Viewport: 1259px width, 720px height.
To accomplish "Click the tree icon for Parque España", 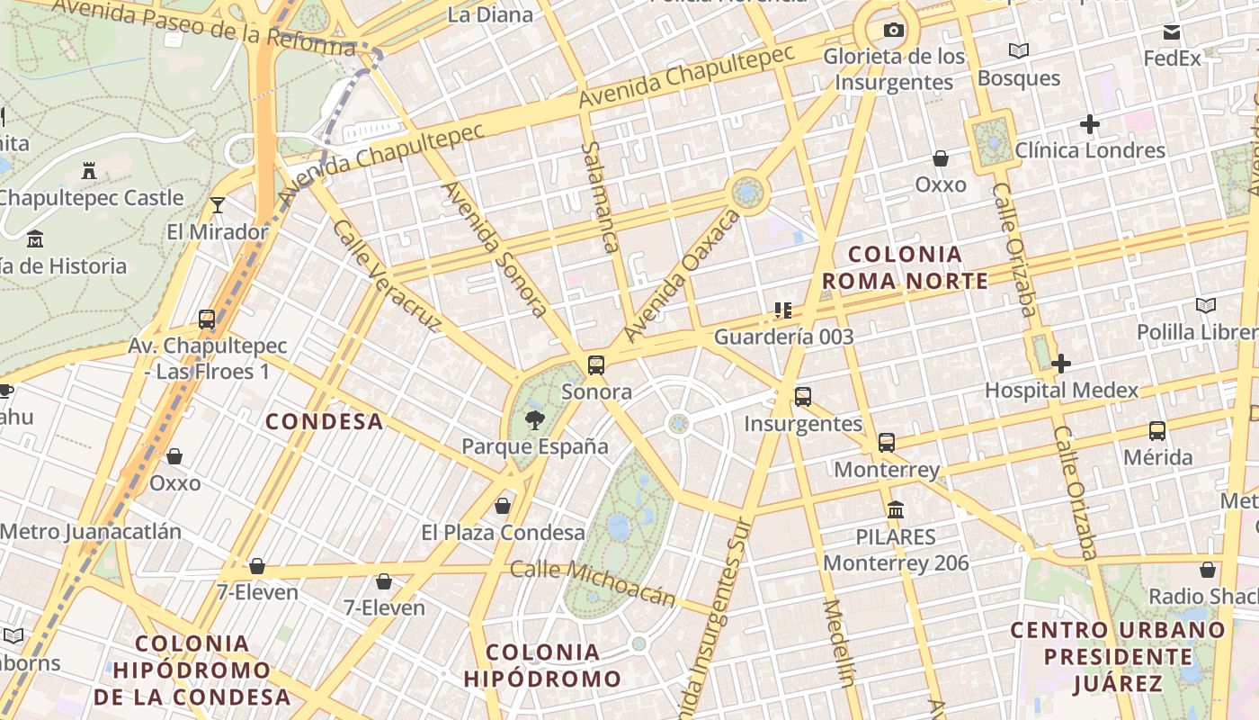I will click(535, 418).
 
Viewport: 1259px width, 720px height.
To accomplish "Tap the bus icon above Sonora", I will click(595, 364).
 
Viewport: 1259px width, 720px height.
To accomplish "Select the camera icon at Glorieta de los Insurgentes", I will click(893, 30).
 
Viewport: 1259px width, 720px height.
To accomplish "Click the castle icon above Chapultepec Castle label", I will click(89, 170).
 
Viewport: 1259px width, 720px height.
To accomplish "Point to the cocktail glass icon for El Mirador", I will click(218, 205).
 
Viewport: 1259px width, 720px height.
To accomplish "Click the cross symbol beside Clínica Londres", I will click(1090, 124).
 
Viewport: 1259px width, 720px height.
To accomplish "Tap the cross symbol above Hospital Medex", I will click(1061, 363).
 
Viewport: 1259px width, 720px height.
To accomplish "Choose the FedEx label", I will click(1172, 58).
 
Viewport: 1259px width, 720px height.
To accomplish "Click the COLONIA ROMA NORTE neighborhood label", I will click(905, 267).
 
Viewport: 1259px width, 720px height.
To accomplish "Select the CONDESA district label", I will click(325, 421).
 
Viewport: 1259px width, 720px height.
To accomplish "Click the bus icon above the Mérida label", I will click(1157, 430).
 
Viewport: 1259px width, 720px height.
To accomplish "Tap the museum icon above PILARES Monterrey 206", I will click(895, 510).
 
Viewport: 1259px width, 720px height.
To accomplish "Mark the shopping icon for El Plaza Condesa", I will click(503, 506).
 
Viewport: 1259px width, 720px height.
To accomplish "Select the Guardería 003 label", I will click(783, 337).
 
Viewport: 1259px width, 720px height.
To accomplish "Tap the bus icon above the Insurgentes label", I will click(802, 396).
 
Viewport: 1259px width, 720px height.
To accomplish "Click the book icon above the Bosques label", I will click(1018, 50).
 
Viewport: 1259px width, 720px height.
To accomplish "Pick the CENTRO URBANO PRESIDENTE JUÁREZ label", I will click(1118, 656).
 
